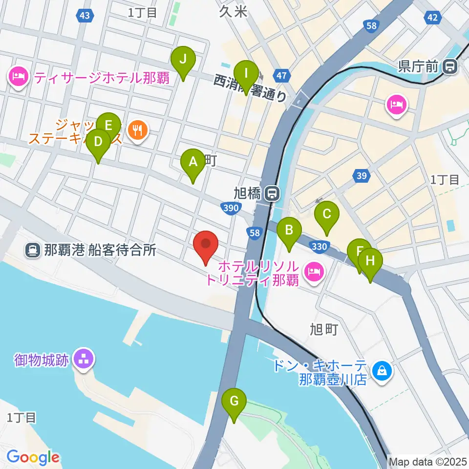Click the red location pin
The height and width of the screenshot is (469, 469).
[206, 245]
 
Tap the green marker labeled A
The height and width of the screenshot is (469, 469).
[193, 162]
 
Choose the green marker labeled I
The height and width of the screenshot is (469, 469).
[246, 75]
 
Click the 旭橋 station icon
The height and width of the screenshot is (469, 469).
[272, 194]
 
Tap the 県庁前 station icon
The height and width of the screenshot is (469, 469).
[449, 66]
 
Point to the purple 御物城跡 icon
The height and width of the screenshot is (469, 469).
[81, 361]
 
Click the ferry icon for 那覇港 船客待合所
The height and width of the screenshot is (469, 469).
[33, 251]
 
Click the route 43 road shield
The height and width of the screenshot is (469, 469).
[85, 16]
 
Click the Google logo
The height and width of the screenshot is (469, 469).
[32, 457]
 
